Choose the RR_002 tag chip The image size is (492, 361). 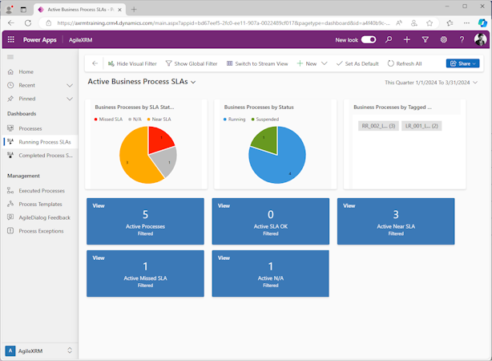tap(378, 126)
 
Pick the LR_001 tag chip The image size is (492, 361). tap(421, 126)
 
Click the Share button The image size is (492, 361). tap(462, 63)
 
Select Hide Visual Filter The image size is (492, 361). tap(133, 63)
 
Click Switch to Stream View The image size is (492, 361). tap(257, 63)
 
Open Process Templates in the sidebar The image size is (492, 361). tap(40, 205)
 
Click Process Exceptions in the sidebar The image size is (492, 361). tap(41, 231)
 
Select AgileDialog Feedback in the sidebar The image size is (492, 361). tap(44, 217)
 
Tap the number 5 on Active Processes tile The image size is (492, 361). tap(145, 215)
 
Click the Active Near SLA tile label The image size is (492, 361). tap(396, 227)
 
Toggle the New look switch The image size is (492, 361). tap(369, 39)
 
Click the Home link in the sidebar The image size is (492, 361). tap(26, 72)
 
